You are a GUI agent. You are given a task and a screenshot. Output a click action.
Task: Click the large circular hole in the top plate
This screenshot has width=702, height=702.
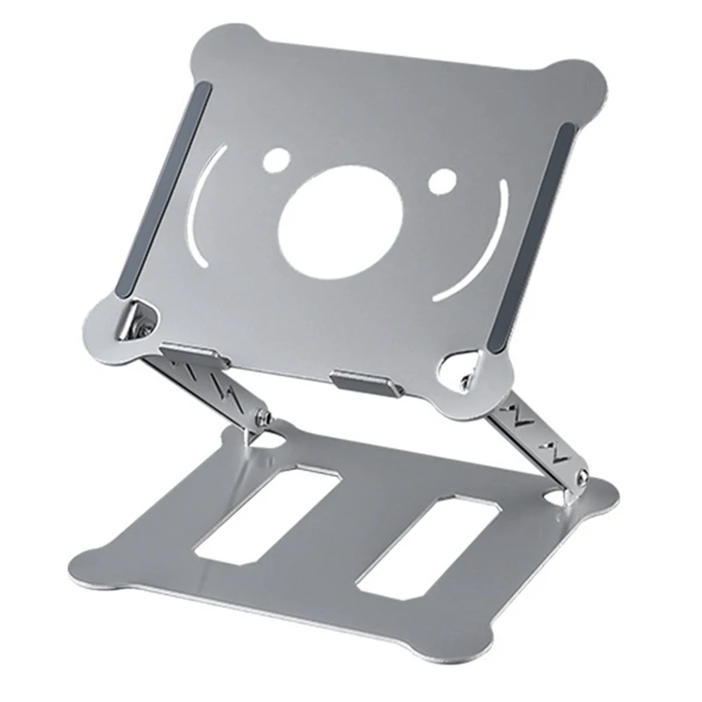coord(340,223)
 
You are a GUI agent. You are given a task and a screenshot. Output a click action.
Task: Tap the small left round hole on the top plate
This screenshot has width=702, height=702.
coord(277,160)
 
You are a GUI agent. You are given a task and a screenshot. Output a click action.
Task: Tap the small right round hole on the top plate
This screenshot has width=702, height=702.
coord(441,181)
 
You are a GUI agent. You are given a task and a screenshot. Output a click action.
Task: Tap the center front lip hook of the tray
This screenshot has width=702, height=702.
coord(366,383)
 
